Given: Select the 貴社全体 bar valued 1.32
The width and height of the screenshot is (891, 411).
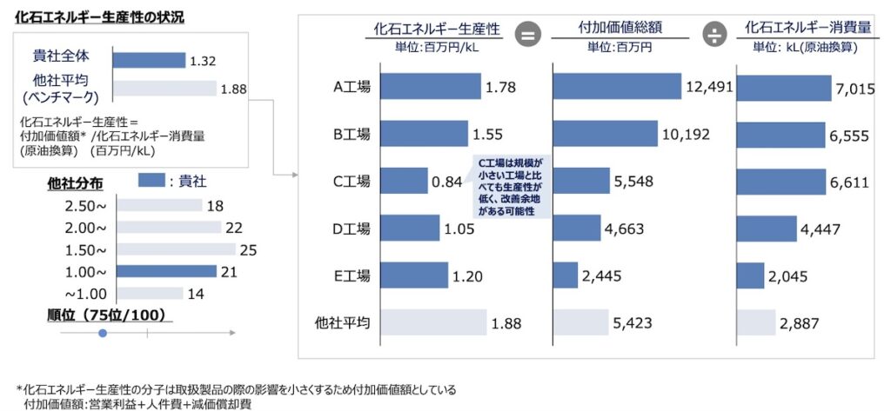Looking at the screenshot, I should pyautogui.click(x=150, y=59).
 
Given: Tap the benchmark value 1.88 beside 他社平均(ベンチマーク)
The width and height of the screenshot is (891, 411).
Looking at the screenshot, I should pyautogui.click(x=234, y=89).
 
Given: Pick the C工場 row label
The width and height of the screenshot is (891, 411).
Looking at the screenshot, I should pyautogui.click(x=352, y=182).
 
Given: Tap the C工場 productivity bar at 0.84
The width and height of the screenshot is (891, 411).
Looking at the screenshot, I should pyautogui.click(x=404, y=182).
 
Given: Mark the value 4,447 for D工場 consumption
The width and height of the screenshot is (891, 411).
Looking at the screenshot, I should pyautogui.click(x=821, y=229).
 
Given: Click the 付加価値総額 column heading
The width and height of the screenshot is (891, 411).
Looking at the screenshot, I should pyautogui.click(x=620, y=28).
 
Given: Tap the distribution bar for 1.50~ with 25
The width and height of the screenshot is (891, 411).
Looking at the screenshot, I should pyautogui.click(x=175, y=249).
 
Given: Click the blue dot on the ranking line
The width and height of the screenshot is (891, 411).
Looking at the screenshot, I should pyautogui.click(x=103, y=333).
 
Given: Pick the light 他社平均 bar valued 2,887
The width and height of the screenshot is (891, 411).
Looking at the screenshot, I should pyautogui.click(x=756, y=323).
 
